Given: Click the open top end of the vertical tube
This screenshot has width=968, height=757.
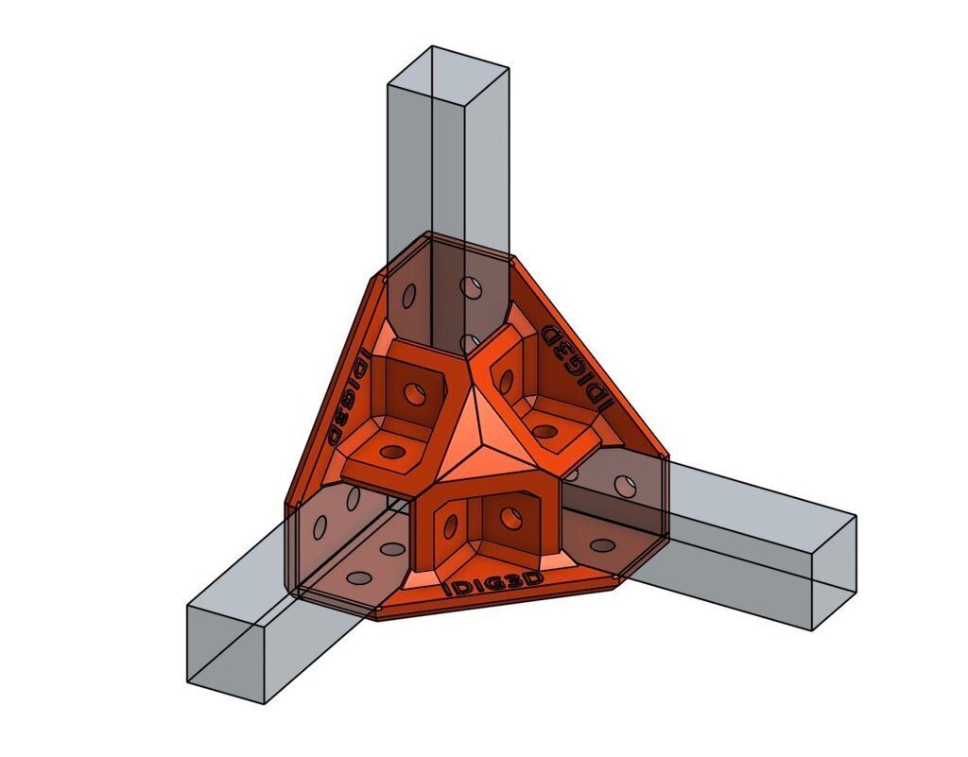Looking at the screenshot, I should [x=449, y=66].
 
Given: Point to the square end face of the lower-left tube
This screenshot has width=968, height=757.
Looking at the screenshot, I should [x=226, y=652].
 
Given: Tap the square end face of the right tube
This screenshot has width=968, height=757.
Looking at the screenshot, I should [x=833, y=572].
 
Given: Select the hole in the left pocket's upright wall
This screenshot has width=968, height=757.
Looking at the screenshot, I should [x=413, y=389].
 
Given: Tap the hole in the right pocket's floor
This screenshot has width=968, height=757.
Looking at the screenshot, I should [x=545, y=432].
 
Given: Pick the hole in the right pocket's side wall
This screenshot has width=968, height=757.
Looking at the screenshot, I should [x=506, y=380].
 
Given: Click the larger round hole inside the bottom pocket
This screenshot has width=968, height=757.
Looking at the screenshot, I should [x=511, y=517].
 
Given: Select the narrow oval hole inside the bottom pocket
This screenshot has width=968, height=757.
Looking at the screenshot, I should [x=450, y=523].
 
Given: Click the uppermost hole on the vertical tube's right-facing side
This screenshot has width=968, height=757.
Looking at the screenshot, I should [x=469, y=284].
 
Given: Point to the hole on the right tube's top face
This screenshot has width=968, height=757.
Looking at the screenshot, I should [x=625, y=486].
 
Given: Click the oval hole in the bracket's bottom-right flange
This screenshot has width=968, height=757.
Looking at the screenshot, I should [x=602, y=546].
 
